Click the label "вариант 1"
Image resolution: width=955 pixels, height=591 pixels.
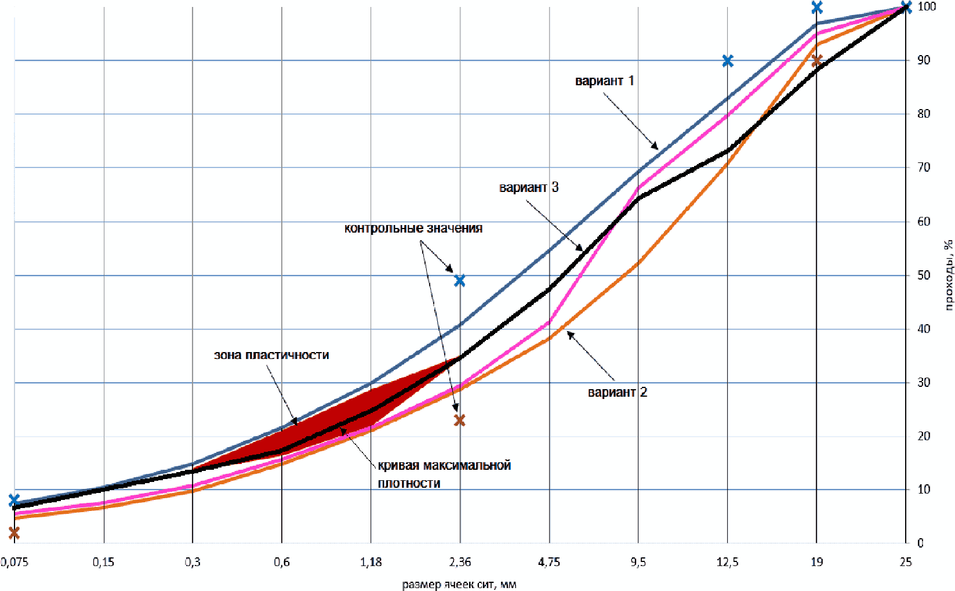(604, 81)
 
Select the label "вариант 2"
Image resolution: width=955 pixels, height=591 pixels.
(618, 392)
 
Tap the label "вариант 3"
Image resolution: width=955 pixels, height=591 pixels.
(529, 187)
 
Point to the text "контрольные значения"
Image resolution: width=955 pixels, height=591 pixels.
(413, 228)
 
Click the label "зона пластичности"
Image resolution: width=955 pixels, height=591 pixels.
(271, 355)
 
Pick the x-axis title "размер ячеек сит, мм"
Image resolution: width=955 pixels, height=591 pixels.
(459, 584)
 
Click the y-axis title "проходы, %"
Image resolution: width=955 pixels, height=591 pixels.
(948, 274)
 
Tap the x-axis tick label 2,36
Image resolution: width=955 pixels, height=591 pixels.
(460, 562)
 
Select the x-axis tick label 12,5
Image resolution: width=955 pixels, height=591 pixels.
(727, 562)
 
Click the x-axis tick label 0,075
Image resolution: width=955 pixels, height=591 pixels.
(14, 562)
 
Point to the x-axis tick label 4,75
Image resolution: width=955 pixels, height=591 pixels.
(549, 562)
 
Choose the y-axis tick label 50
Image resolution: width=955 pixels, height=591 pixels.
(924, 275)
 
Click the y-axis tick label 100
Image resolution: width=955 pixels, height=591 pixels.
(927, 6)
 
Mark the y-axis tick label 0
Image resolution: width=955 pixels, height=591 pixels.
(920, 543)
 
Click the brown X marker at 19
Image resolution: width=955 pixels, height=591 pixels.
(816, 61)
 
